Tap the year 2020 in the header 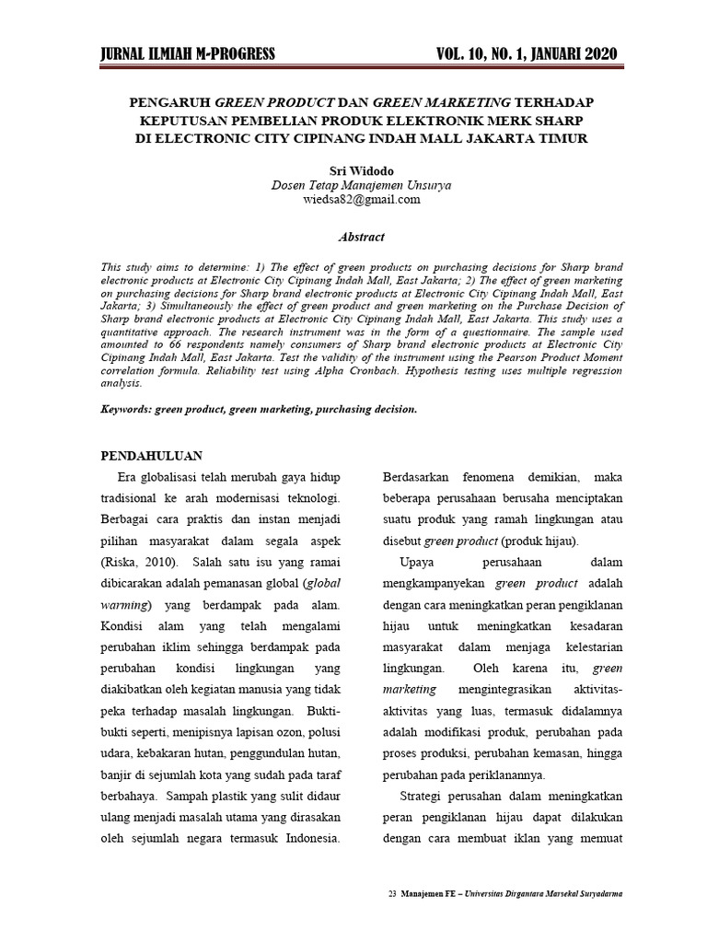pos(592,54)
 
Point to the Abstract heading pos(361,237)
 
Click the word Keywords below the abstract pos(125,409)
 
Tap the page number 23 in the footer pos(392,894)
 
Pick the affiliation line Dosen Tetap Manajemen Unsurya pos(361,185)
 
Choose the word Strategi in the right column pos(424,796)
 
